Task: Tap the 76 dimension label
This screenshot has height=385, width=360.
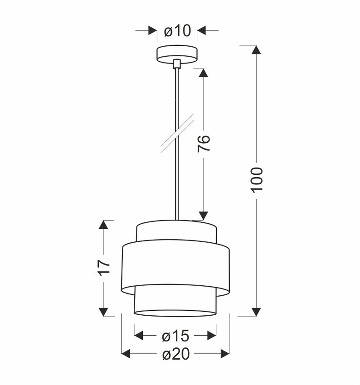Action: [x=204, y=144]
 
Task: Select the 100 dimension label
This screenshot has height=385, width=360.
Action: [x=257, y=179]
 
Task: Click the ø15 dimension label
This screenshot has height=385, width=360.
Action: [x=175, y=336]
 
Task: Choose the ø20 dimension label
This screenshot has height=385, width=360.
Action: [x=175, y=354]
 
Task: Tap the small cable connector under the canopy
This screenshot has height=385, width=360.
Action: [x=177, y=64]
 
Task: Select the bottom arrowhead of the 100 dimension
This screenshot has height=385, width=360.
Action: [x=257, y=312]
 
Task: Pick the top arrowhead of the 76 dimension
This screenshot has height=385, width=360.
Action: [x=204, y=73]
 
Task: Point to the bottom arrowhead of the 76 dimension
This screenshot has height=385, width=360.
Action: [x=204, y=216]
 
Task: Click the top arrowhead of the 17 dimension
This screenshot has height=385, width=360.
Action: [x=104, y=225]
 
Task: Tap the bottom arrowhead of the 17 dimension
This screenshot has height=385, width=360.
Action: [x=104, y=312]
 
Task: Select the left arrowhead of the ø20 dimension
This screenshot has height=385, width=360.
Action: [x=126, y=354]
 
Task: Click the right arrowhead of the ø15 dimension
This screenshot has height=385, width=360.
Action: [x=211, y=336]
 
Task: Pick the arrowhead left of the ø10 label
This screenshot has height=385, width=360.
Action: [x=153, y=31]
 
